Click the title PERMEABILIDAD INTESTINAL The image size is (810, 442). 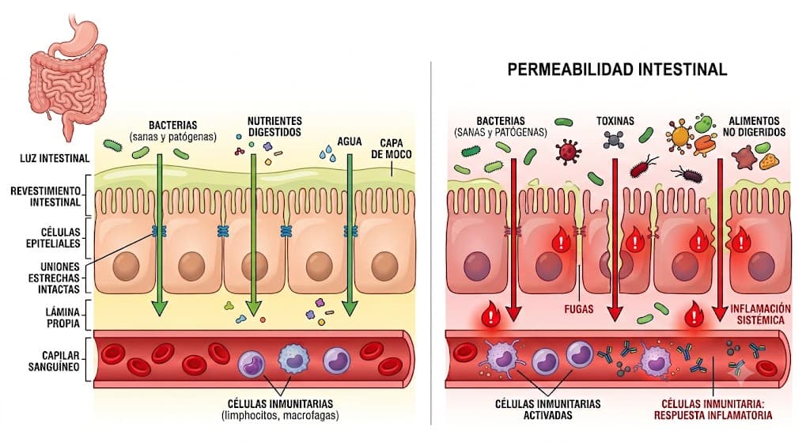click(617, 70)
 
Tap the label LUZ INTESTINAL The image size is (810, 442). click(55, 158)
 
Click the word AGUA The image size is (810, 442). click(350, 142)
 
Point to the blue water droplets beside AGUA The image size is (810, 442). click(327, 153)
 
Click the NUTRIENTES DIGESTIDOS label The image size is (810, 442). click(274, 127)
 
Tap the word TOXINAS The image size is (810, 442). click(615, 121)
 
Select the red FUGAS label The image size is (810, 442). click(578, 309)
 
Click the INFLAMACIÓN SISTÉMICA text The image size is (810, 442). click(760, 314)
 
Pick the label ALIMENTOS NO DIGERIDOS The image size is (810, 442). click(754, 127)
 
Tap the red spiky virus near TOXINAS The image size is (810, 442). click(568, 151)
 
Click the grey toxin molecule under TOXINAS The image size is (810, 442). click(614, 139)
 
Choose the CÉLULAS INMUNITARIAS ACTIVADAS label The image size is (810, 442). click(547, 410)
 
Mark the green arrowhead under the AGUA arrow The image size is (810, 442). click(350, 308)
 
